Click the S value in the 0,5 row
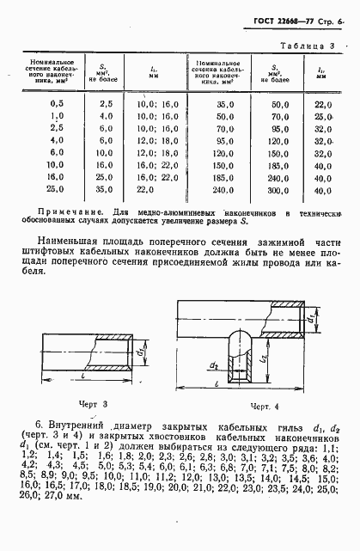[x=106, y=103]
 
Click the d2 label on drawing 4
[x=216, y=366]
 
